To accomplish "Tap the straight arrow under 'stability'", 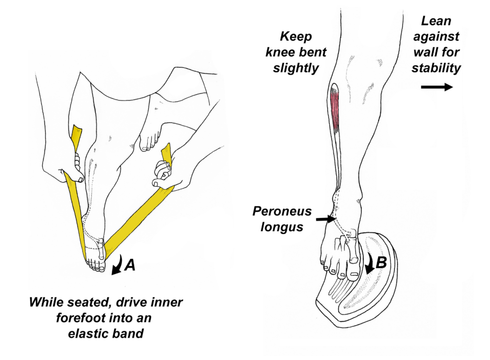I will pyautogui.click(x=436, y=87).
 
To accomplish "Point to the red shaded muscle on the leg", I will pyautogui.click(x=335, y=109).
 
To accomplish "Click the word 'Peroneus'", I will pyautogui.click(x=282, y=211).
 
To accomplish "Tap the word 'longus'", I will pyautogui.click(x=282, y=226).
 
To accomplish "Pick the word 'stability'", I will pyautogui.click(x=436, y=67).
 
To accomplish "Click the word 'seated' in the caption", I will pyautogui.click(x=79, y=303).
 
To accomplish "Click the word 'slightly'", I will pyautogui.click(x=295, y=68).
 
